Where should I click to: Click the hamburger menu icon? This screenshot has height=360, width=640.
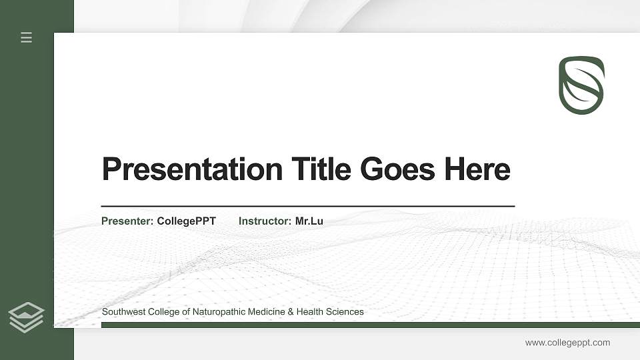[x=27, y=37]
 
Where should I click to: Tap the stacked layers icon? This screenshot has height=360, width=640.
[x=27, y=317]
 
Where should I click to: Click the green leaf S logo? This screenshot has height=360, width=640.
[x=581, y=85]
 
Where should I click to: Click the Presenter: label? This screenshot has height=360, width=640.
[x=127, y=221]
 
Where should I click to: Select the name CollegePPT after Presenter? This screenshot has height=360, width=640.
[x=187, y=221]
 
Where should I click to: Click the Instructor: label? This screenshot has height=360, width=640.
[x=265, y=221]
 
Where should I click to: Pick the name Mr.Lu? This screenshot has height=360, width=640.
[x=309, y=221]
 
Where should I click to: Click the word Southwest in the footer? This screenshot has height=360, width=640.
[x=122, y=311]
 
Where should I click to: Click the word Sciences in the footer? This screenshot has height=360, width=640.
[x=344, y=311]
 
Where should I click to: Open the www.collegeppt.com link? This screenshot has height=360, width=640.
[x=567, y=343]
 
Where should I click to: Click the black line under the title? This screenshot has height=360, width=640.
[x=307, y=206]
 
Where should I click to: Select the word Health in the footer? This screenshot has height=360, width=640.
[x=309, y=311]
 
